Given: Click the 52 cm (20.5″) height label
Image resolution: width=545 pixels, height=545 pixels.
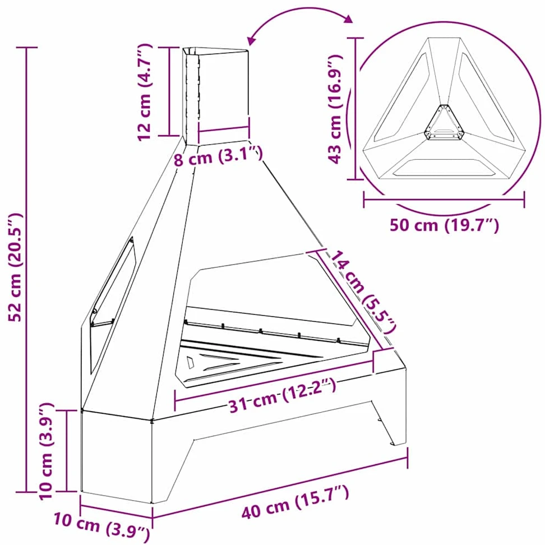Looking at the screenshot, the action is (16, 267).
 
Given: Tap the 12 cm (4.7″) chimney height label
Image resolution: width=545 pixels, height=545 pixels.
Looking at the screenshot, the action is (145, 92).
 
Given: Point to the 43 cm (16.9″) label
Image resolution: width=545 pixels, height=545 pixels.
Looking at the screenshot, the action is (336, 108).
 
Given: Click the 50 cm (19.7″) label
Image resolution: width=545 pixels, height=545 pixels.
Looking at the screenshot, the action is (444, 225).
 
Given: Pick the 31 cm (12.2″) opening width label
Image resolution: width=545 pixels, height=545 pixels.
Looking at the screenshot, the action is (282, 395).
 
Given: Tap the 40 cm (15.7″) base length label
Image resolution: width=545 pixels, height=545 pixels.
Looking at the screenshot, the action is (295, 502).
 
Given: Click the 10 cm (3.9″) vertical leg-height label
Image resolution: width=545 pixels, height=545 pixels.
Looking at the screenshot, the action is (47, 451).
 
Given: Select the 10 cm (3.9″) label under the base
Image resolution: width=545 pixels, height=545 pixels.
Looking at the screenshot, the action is (102, 527).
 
